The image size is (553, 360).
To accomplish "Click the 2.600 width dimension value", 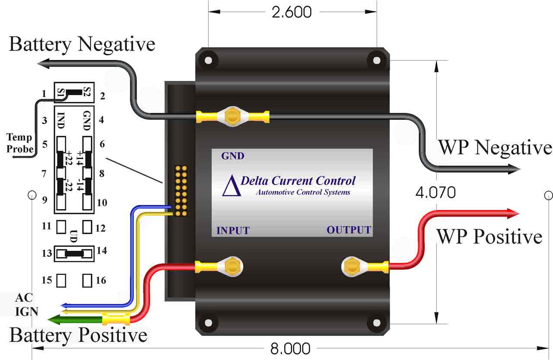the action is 292,12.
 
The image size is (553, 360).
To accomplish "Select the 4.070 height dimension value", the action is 435,193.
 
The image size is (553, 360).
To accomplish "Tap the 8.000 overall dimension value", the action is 290,349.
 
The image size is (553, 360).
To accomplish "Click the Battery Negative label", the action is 82,45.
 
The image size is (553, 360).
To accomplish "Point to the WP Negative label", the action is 495,148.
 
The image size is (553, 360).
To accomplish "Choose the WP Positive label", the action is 490,236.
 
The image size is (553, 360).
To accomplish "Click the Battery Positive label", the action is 79,335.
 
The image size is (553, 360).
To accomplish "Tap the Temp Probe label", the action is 20,143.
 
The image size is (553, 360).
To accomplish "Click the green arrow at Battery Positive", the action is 75,319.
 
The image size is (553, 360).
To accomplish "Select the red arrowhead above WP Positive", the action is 512,213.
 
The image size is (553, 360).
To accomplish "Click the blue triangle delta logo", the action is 232,185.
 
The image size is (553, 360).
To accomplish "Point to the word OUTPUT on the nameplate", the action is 349,230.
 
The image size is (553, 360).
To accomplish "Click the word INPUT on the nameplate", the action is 233,230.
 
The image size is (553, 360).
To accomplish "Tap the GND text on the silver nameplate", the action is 232,156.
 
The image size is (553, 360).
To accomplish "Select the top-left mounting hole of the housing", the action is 208,60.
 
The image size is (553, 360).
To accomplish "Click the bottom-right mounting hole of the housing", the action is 377,322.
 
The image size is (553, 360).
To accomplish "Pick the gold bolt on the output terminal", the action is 351,267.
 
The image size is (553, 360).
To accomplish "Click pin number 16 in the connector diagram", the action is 101,280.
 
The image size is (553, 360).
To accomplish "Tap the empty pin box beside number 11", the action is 61,227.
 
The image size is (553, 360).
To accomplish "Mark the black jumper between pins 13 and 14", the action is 74,254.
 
